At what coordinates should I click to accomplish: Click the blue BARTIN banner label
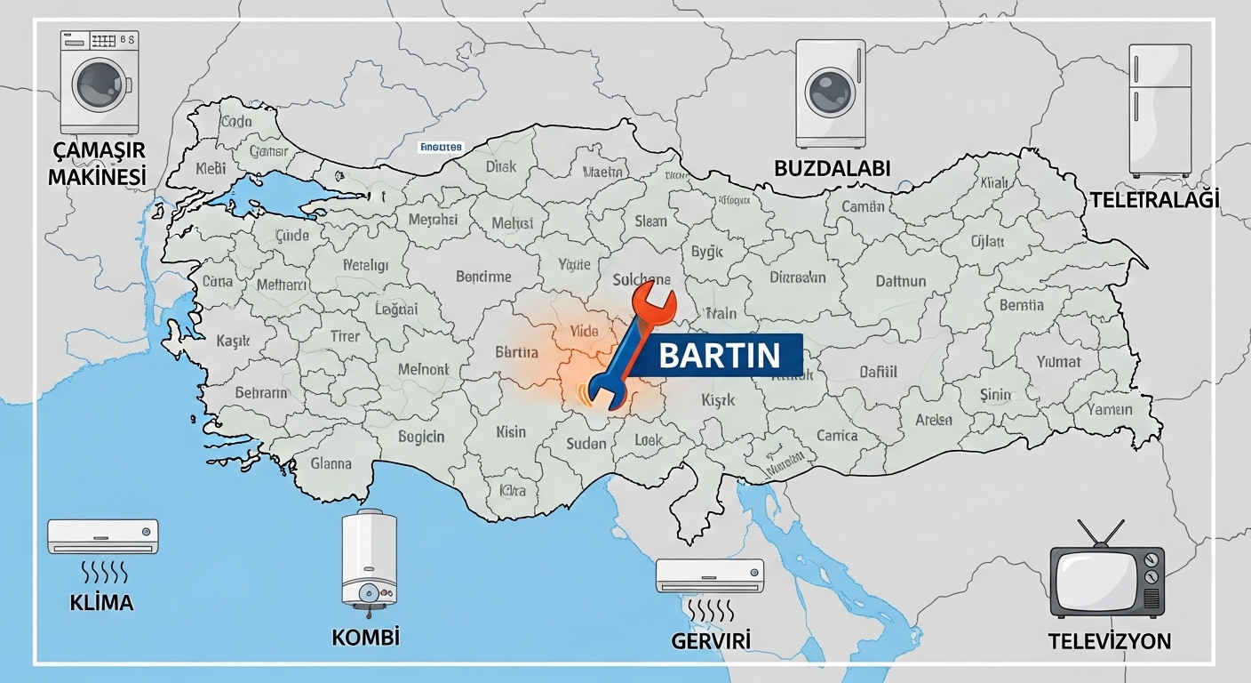tap(720, 356)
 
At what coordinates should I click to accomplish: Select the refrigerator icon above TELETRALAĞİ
tap(1159, 109)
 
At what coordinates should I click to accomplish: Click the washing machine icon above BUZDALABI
tap(831, 93)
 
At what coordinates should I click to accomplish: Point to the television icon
tap(1107, 582)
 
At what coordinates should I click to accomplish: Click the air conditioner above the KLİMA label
tap(102, 536)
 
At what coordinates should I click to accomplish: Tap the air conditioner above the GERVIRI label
tap(710, 575)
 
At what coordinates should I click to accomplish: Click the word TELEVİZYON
tap(1110, 640)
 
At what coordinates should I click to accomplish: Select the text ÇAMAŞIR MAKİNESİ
tap(97, 162)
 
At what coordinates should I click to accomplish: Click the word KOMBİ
tap(365, 637)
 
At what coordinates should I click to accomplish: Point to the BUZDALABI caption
tap(832, 168)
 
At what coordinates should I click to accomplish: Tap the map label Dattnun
tap(901, 281)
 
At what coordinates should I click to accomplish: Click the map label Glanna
tap(331, 463)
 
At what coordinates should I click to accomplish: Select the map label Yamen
tap(1110, 409)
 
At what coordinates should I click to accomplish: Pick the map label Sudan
tap(586, 443)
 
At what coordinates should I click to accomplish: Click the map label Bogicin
tap(421, 437)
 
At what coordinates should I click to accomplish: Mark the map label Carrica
tap(837, 435)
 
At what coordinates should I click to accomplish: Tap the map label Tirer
tap(345, 336)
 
